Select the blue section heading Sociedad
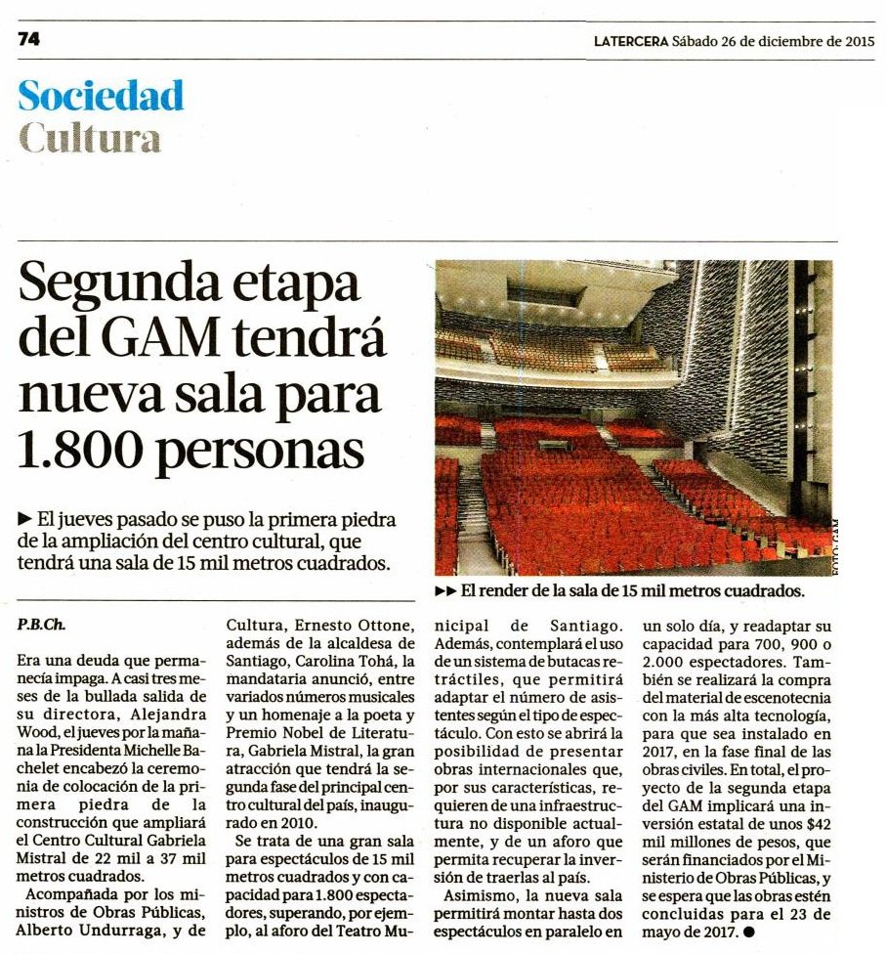click(101, 96)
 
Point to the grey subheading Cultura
click(90, 138)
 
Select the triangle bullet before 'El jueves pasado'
click(23, 518)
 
